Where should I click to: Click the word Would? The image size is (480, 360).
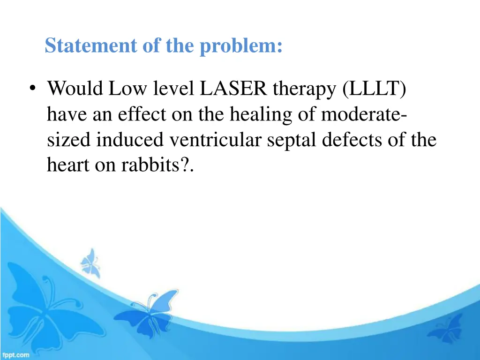75,88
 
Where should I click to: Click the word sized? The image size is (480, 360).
70,140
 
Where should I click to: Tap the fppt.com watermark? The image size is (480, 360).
15,355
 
